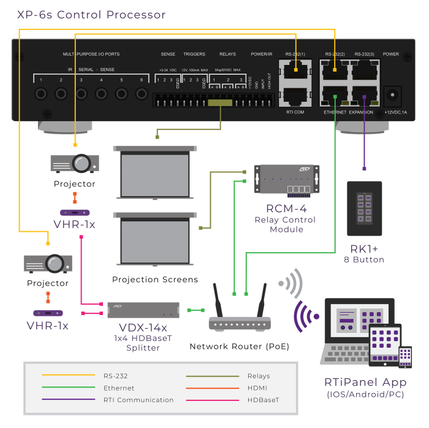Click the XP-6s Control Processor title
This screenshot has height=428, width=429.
pyautogui.click(x=91, y=15)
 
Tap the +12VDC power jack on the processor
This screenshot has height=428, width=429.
pyautogui.click(x=391, y=95)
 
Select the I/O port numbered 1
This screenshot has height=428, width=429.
pyautogui.click(x=42, y=94)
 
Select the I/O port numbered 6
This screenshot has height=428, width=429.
pyautogui.click(x=142, y=94)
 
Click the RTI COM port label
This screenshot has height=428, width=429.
pyautogui.click(x=295, y=112)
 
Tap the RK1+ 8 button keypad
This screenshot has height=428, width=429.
pyautogui.click(x=364, y=208)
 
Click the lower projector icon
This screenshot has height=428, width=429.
pyautogui.click(x=48, y=263)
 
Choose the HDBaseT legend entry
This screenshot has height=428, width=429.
pyautogui.click(x=264, y=400)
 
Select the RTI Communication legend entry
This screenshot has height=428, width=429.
pyautogui.click(x=138, y=400)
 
